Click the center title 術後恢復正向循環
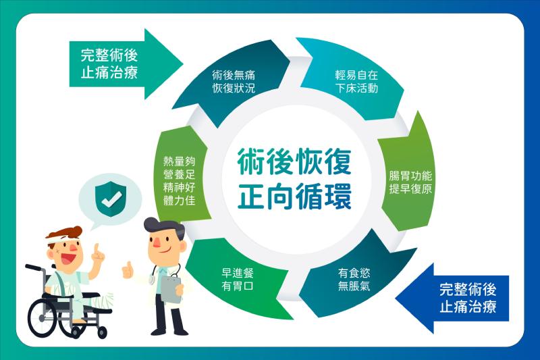[294, 179]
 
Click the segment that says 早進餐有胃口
[238, 279]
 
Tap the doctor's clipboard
[171, 288]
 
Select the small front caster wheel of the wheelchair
[102, 332]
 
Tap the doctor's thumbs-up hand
[128, 269]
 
